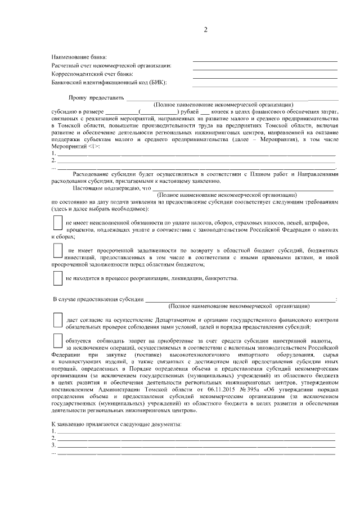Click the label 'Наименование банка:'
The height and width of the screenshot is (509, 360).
point(79,57)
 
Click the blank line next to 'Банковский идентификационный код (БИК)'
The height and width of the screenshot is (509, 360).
point(264,85)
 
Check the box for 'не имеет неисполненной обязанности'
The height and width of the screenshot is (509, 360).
point(57,223)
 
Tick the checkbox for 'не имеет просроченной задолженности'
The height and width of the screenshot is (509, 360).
point(57,251)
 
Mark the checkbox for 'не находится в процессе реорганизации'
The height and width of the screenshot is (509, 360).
point(57,277)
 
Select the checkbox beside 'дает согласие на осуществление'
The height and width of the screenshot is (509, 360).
point(57,320)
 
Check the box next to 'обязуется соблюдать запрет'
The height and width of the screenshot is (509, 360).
point(57,341)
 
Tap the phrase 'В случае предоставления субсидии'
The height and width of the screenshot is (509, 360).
point(98,299)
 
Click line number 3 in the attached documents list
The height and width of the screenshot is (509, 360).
point(53,445)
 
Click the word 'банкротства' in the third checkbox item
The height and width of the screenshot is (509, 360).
point(222,278)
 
